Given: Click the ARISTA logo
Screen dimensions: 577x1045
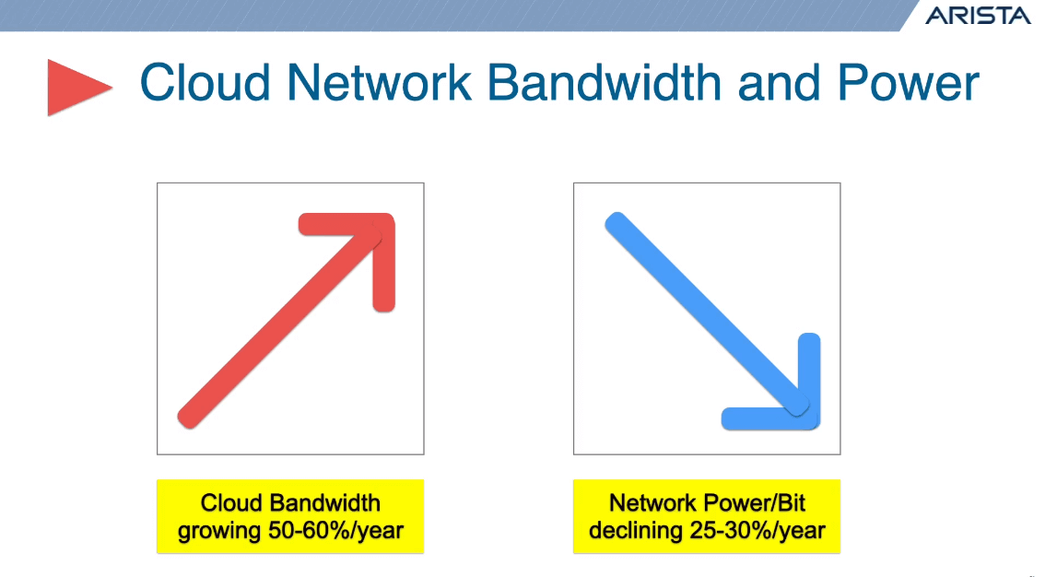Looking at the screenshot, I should pos(978,16).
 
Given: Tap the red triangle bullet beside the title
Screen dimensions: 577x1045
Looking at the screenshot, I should pos(76,88).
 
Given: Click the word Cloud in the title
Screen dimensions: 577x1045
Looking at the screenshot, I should pos(205,83).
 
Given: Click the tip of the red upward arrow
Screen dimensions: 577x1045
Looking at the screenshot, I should pos(383,226).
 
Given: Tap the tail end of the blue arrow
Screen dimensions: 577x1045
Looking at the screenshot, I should pos(616,224).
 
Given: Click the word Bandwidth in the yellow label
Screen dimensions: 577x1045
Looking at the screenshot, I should pos(324,503).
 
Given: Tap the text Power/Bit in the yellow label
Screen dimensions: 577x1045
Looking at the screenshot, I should pos(752,503).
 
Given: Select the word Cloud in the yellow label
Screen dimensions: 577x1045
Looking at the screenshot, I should pos(231,503).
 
